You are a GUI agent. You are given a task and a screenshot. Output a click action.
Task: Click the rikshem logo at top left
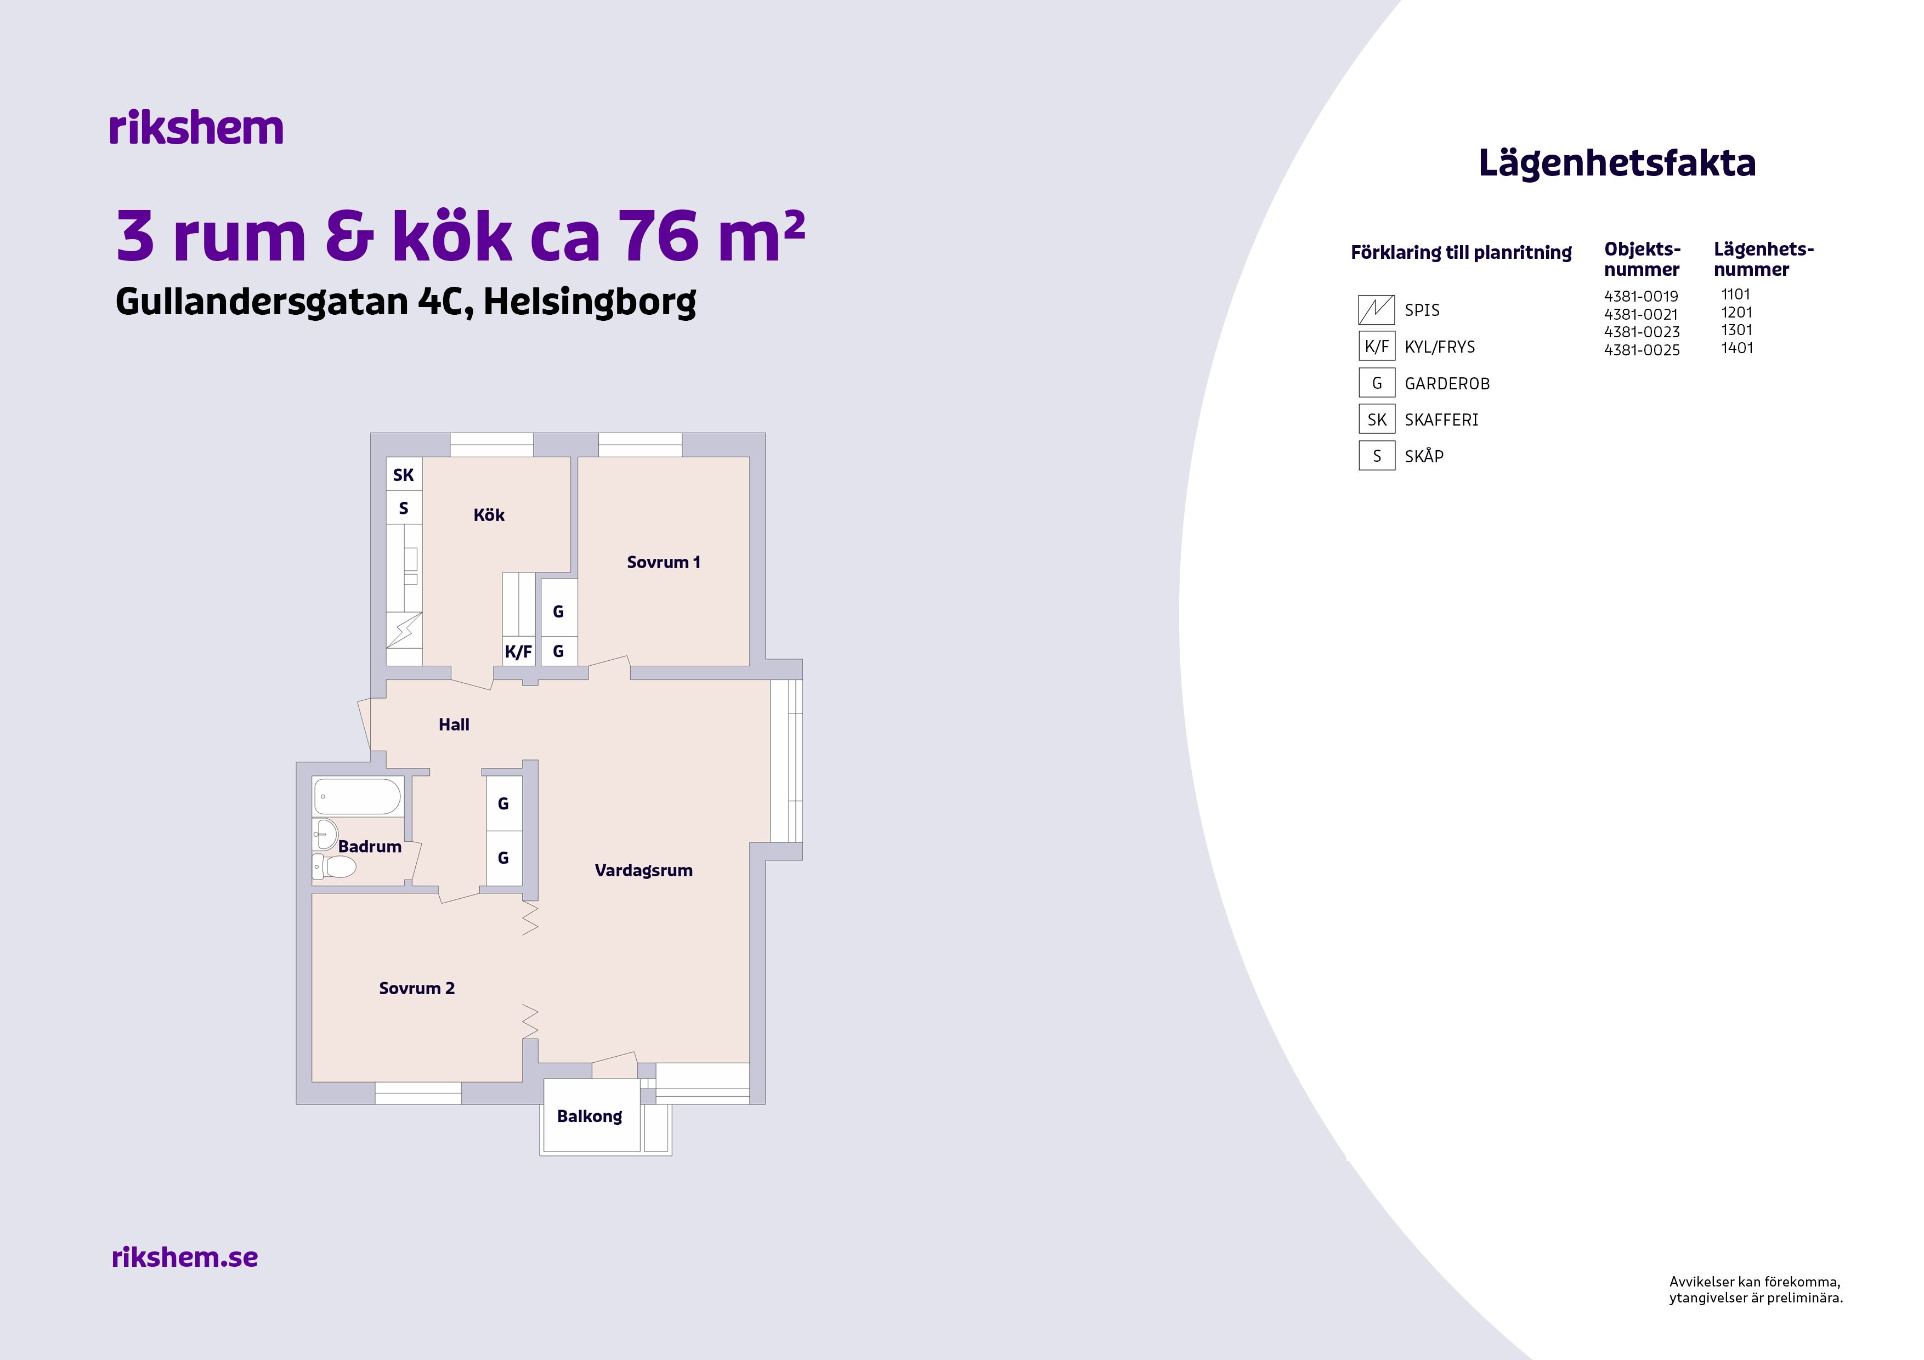pyautogui.click(x=196, y=128)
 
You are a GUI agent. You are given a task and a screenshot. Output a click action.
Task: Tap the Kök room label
pyautogui.click(x=489, y=515)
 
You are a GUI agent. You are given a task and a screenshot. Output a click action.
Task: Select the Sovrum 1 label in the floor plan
pyautogui.click(x=663, y=562)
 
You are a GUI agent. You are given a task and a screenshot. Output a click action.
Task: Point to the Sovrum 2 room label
pyautogui.click(x=416, y=988)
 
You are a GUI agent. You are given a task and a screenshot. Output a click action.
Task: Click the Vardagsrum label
pyautogui.click(x=643, y=871)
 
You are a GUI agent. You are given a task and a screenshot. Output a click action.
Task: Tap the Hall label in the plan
pyautogui.click(x=454, y=725)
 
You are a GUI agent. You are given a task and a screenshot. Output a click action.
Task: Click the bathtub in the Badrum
pyautogui.click(x=357, y=797)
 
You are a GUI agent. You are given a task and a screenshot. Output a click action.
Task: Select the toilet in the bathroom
pyautogui.click(x=335, y=865)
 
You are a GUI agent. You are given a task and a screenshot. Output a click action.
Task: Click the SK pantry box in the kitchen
pyautogui.click(x=404, y=475)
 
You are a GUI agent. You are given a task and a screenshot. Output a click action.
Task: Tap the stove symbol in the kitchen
pyautogui.click(x=404, y=630)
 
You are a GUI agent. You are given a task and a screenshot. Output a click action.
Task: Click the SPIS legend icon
pyautogui.click(x=1376, y=310)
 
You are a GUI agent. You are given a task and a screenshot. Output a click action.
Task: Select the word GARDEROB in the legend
pyautogui.click(x=1447, y=384)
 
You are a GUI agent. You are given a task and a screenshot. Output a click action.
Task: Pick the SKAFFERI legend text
pyautogui.click(x=1441, y=420)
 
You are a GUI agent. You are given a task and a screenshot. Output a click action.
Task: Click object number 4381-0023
pyautogui.click(x=1642, y=332)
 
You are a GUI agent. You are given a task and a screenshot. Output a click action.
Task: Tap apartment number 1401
pyautogui.click(x=1737, y=348)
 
